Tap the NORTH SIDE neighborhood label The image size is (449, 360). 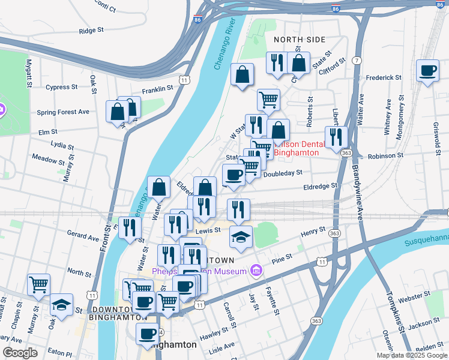click(299, 40)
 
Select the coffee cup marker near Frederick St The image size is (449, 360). click(427, 71)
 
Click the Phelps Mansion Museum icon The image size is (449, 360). click(256, 271)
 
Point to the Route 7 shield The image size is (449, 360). click(357, 61)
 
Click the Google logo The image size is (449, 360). click(20, 353)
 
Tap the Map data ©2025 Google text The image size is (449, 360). click(412, 355)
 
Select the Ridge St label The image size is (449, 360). click(91, 30)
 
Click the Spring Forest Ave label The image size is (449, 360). click(63, 112)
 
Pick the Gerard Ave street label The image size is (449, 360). click(83, 237)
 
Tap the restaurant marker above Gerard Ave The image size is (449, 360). click(130, 227)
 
